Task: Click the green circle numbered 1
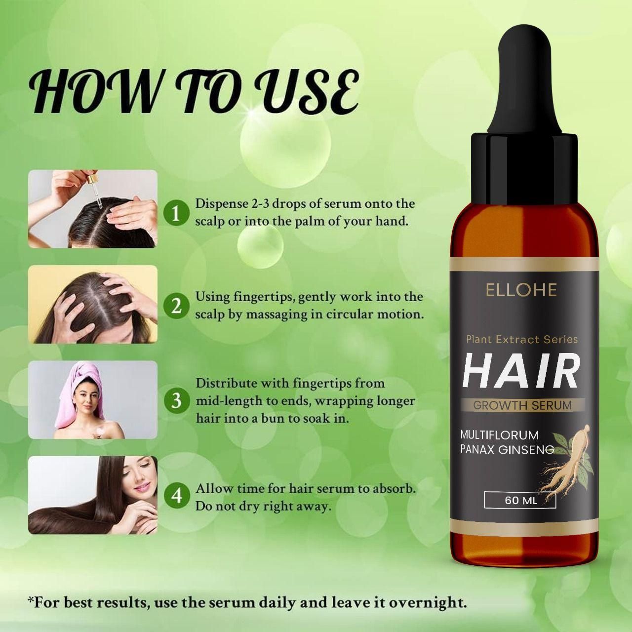[x=176, y=213]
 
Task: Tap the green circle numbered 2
[x=176, y=306]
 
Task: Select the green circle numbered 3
[x=176, y=400]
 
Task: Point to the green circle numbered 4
[x=176, y=495]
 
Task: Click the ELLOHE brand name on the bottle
[x=521, y=290]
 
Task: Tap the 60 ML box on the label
[x=520, y=500]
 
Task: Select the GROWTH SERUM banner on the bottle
[x=522, y=405]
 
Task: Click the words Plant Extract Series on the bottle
[x=521, y=339]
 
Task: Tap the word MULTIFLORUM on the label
[x=499, y=435]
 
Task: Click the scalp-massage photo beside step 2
[x=93, y=304]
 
